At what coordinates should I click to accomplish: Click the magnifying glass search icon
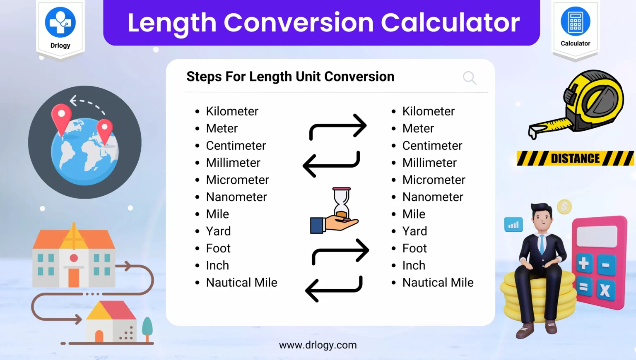(x=470, y=78)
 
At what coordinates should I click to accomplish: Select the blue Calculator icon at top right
(x=575, y=22)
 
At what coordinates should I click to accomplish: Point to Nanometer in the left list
(x=236, y=197)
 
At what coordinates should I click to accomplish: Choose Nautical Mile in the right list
(x=438, y=283)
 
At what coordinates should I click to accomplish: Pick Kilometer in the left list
(x=232, y=111)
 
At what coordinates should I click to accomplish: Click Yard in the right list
(x=414, y=231)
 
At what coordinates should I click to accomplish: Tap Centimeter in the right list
(x=432, y=146)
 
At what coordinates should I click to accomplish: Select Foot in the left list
(x=218, y=248)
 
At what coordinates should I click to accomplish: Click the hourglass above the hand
(x=342, y=202)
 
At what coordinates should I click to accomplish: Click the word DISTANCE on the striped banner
(x=575, y=158)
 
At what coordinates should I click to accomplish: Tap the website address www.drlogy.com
(x=318, y=345)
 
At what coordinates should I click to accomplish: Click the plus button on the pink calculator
(x=583, y=264)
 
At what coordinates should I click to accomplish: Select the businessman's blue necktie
(x=542, y=245)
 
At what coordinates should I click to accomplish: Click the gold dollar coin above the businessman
(x=564, y=206)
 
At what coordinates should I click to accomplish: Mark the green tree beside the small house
(x=147, y=326)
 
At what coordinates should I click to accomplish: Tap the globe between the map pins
(x=84, y=151)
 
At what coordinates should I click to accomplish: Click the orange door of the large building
(x=74, y=278)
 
